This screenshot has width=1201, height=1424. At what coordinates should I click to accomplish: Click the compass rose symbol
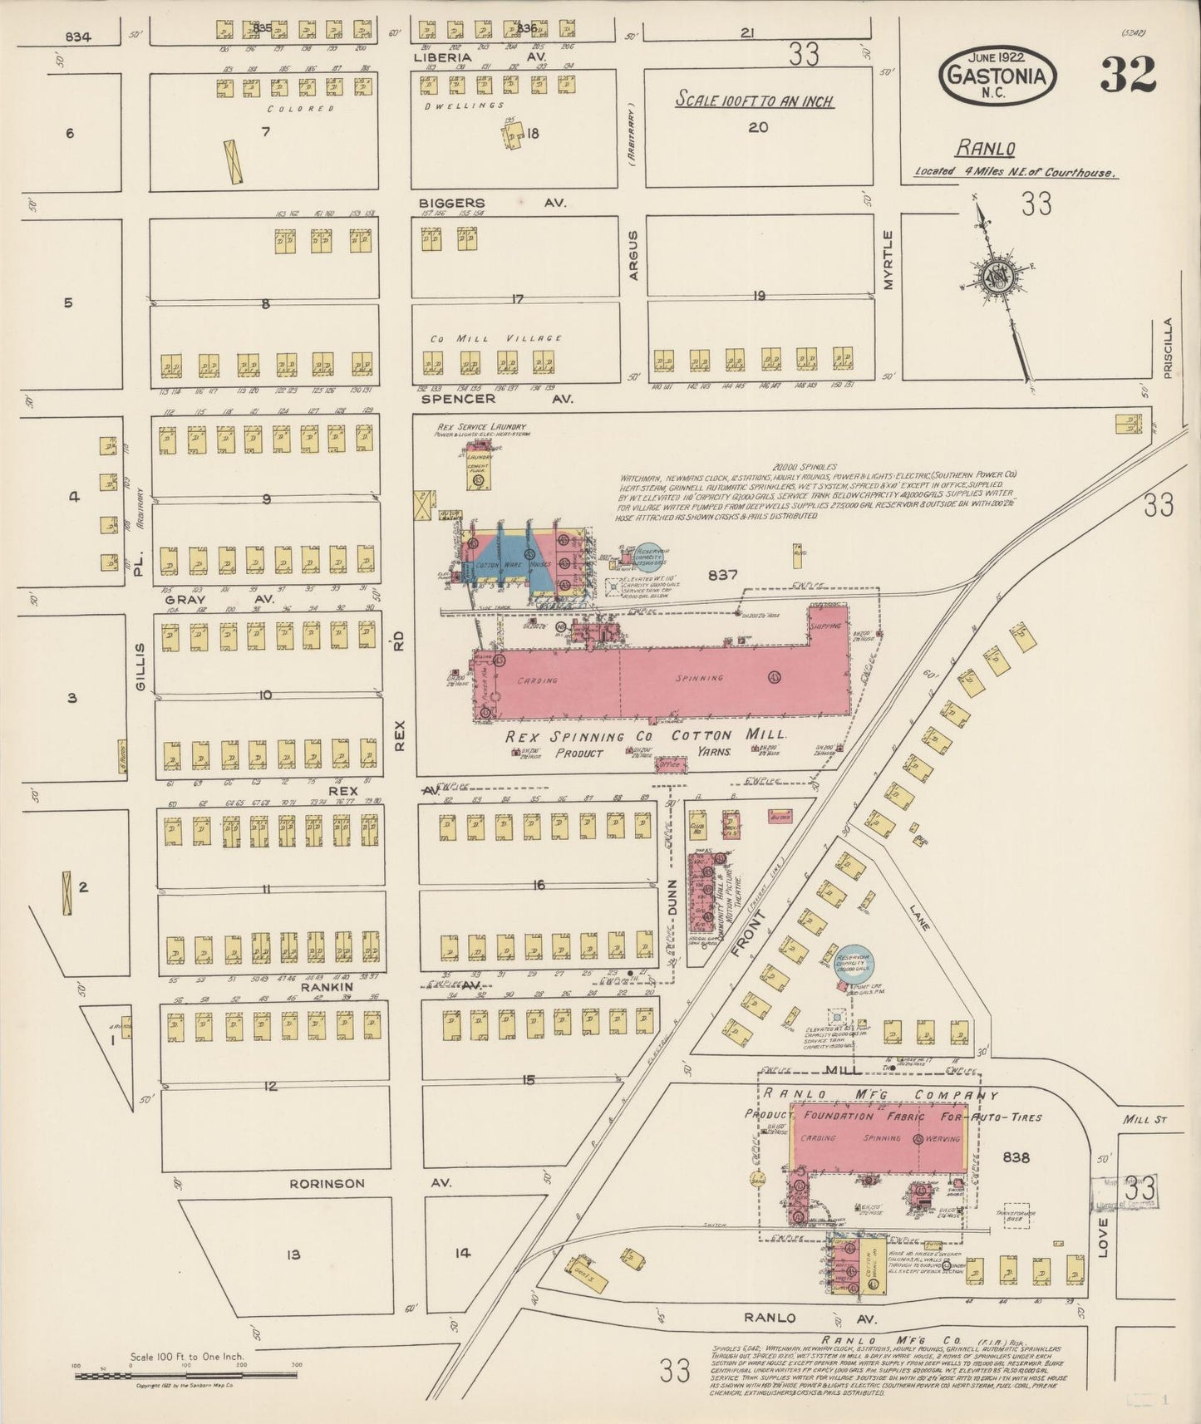coord(995,279)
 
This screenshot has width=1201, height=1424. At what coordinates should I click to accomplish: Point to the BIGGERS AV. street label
coord(491,203)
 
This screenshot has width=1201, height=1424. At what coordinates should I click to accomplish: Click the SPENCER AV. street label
coord(497,399)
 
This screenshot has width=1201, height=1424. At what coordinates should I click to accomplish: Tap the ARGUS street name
coord(632,254)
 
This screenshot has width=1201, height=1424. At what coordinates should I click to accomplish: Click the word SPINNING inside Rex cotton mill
coord(700,678)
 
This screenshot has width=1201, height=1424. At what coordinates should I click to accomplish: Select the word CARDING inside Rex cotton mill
coord(537,680)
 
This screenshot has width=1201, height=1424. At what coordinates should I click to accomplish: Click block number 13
coord(293,1255)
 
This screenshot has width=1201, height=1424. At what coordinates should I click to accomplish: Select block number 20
coord(757,127)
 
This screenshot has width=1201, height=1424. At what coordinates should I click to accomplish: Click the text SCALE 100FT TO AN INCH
coord(753,101)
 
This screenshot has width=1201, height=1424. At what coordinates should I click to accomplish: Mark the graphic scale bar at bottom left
coord(187,1376)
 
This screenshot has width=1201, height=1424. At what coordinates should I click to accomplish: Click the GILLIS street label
coord(140,666)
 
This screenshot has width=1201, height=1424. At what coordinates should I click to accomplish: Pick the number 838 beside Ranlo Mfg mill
coord(1016,1156)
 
